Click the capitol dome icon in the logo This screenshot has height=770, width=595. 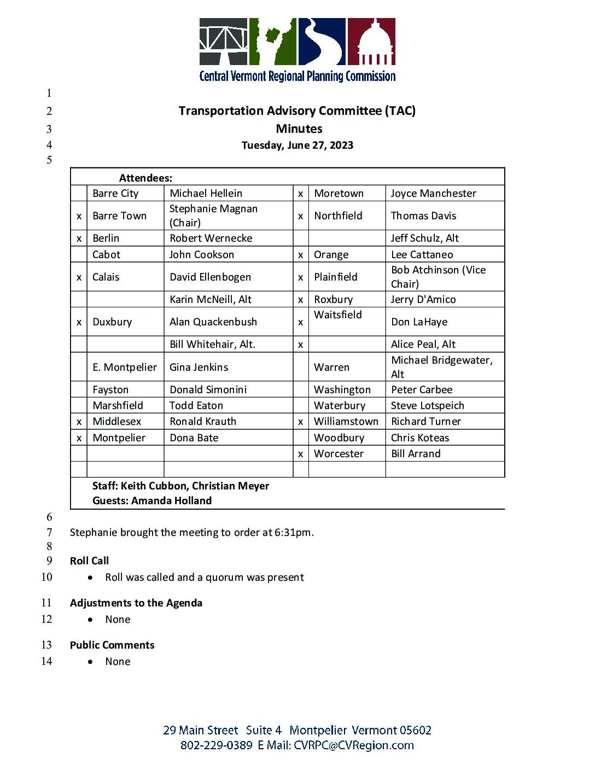point(372,42)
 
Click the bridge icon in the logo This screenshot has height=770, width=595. point(223,42)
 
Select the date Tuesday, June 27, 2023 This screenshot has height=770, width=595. point(297,145)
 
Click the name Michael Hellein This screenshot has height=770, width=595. point(206,194)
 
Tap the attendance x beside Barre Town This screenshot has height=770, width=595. point(79,216)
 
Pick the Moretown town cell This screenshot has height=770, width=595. point(339,194)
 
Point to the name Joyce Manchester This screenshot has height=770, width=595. point(433,194)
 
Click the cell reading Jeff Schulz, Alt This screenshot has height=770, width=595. point(424,238)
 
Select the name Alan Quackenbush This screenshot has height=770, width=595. point(213,322)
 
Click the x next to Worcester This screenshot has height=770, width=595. point(300,454)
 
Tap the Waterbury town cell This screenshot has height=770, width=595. point(339,406)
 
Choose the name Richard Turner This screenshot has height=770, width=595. point(425,422)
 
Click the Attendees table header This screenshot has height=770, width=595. point(145,178)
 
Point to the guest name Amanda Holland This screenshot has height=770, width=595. point(171,501)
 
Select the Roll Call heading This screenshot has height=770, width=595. point(89,561)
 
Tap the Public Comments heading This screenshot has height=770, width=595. point(112,645)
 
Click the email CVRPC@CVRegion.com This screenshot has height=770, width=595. point(353,745)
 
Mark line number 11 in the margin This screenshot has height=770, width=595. point(46,603)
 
